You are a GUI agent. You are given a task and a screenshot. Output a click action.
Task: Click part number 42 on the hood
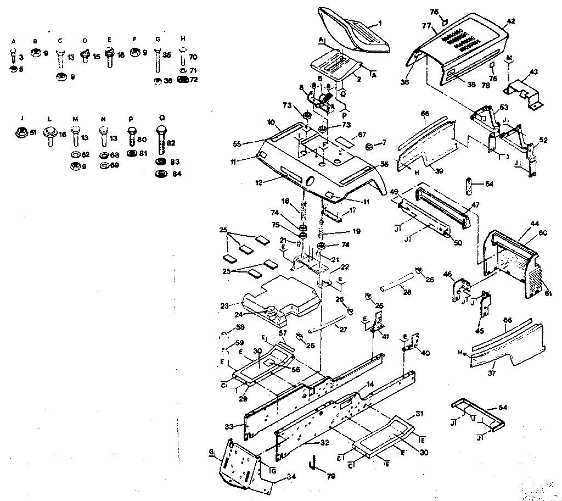511,21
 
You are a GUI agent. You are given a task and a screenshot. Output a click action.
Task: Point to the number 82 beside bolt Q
171,142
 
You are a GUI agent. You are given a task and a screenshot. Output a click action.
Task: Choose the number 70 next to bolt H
193,56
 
